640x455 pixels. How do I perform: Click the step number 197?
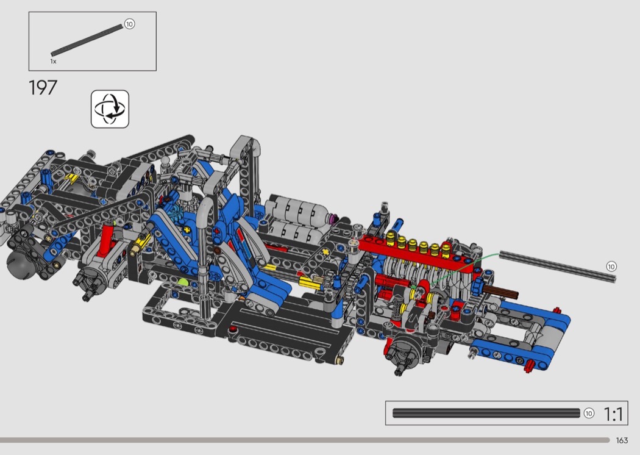[x=43, y=87]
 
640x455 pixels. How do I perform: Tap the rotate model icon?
[x=110, y=109]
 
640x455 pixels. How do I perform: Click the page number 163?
[x=622, y=440]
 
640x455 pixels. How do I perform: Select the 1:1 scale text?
[x=613, y=414]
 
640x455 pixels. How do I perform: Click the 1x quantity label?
[x=54, y=62]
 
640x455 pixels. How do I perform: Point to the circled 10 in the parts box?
[x=129, y=24]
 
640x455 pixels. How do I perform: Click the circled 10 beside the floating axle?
[x=611, y=267]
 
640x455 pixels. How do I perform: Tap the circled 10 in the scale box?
[x=589, y=414]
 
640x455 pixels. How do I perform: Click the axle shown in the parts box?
[x=87, y=40]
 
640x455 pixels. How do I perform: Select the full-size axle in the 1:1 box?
[x=486, y=413]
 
